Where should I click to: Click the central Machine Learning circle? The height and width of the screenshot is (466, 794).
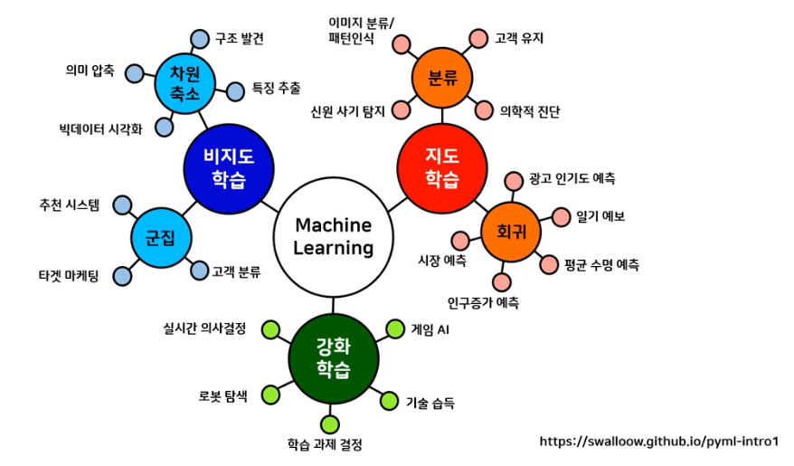[x=335, y=235]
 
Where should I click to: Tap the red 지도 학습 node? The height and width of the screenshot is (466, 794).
[x=442, y=165]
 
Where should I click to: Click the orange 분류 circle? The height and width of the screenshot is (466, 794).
[x=441, y=78]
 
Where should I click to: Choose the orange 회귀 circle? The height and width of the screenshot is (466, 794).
[x=511, y=232]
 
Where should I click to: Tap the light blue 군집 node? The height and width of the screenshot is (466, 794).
[x=160, y=238]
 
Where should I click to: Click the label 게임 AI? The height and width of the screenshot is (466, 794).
[x=430, y=329]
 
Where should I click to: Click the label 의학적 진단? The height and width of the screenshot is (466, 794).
[x=530, y=112]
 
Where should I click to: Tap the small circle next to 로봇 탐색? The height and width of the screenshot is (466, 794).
[x=270, y=395]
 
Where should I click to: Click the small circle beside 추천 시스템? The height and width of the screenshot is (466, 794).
[x=122, y=205]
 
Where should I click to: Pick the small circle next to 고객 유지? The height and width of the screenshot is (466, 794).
[x=477, y=39]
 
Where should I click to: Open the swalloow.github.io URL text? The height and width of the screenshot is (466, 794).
[x=658, y=442]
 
